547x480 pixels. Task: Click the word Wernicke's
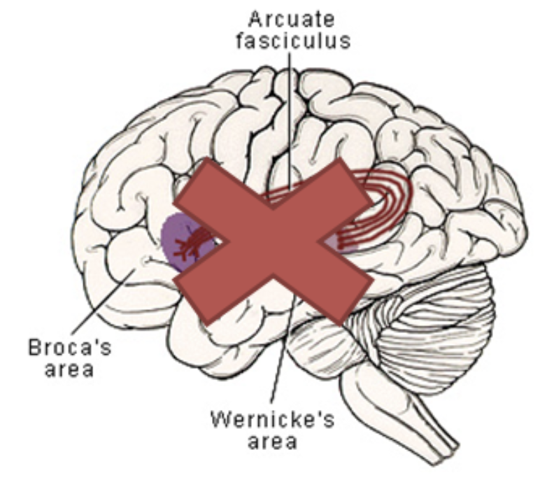[x=263, y=423]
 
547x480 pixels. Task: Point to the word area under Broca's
[x=69, y=369]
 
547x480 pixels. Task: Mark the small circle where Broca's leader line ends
[x=145, y=262]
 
